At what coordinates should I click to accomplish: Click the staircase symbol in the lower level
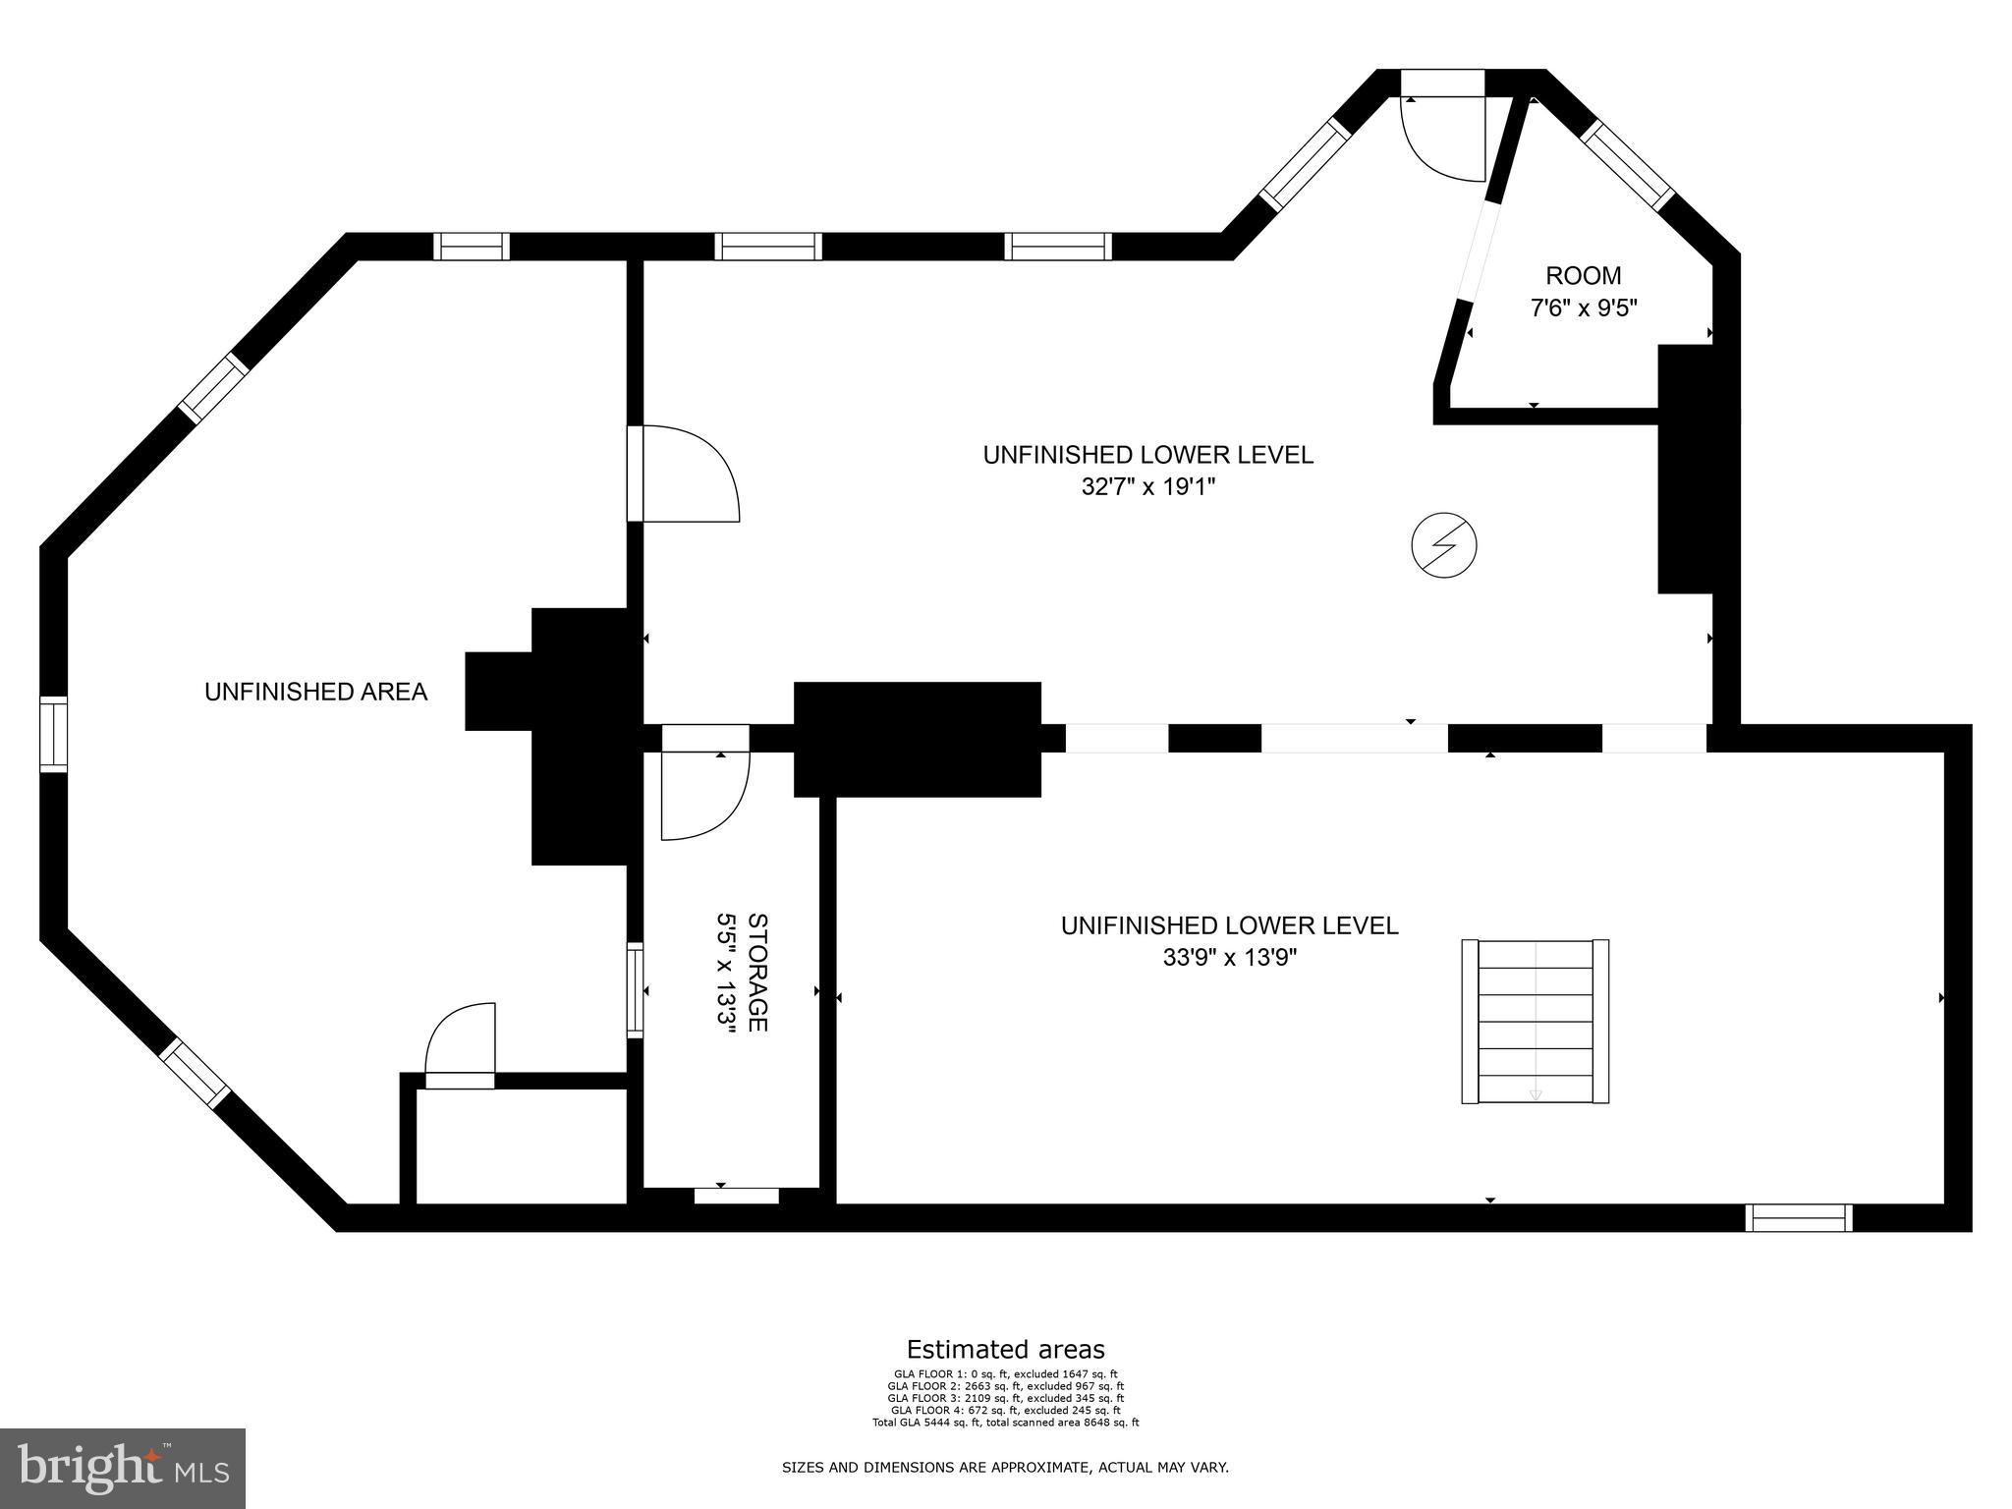(1535, 1022)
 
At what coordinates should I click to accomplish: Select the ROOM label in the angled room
(1583, 276)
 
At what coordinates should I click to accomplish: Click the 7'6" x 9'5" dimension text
(1583, 308)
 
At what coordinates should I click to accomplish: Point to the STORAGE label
(757, 973)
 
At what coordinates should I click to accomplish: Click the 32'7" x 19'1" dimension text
(1147, 487)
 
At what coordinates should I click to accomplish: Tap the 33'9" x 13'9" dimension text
(1229, 958)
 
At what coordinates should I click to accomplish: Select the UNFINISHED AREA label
(315, 692)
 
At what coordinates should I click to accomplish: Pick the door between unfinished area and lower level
(683, 474)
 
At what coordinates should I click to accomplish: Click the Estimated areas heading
(1005, 1349)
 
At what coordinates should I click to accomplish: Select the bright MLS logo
(123, 1469)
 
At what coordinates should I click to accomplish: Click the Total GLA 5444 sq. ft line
(1005, 1423)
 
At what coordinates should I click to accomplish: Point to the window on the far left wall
(53, 734)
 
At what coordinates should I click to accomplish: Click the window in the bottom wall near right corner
(1798, 1218)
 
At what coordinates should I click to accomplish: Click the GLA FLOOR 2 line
(1005, 1386)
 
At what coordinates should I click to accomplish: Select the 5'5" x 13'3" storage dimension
(726, 973)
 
